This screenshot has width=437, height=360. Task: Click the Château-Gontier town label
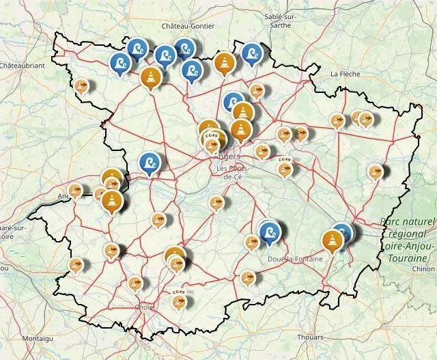188,26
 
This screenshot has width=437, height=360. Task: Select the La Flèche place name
346,73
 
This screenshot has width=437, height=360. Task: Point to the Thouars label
311,337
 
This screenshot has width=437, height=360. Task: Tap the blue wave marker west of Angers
149,163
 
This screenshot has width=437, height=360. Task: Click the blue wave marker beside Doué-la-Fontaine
270,232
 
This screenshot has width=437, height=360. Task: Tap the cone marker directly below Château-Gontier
225,62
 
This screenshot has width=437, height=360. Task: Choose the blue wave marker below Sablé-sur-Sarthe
252,53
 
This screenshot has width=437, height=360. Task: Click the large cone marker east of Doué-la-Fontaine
333,240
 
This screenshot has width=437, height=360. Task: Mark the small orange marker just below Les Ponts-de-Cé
216,202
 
